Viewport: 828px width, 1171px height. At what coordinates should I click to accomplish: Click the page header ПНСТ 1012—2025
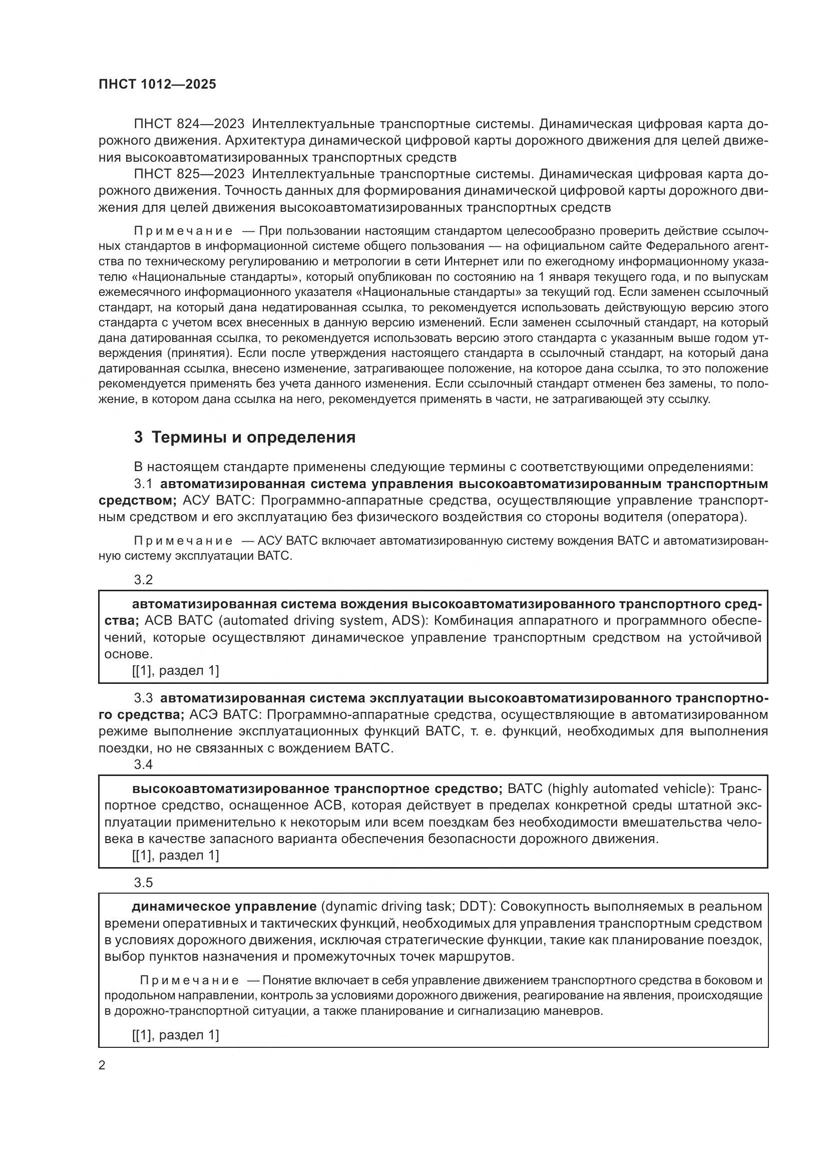157,84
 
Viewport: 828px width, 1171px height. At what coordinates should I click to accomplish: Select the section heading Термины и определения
253,438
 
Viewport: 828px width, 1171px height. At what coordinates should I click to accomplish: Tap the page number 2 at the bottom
102,1065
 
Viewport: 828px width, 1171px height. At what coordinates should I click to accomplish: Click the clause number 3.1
143,484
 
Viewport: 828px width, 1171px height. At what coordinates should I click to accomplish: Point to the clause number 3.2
143,580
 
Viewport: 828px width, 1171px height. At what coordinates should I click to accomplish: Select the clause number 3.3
143,698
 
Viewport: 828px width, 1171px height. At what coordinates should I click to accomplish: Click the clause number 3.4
143,764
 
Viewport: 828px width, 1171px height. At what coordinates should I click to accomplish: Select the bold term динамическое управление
224,907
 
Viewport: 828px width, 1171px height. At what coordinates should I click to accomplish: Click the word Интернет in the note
469,262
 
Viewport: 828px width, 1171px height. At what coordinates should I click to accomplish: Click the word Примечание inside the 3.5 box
189,980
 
